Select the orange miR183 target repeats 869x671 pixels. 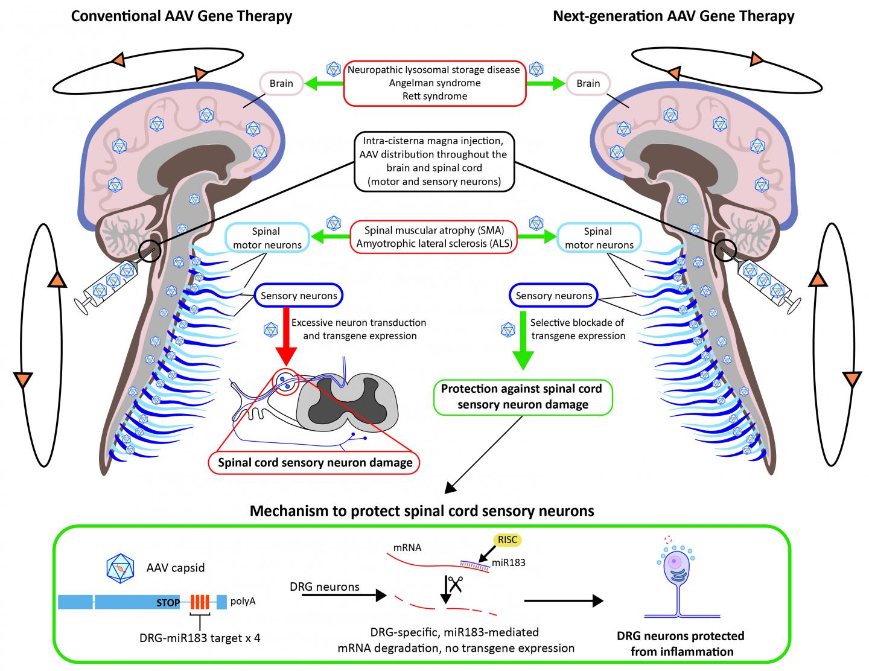click(200, 602)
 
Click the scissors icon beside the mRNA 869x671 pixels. click(455, 584)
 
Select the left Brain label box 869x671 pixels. click(281, 84)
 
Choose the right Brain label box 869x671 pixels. click(588, 84)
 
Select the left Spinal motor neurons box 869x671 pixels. click(266, 238)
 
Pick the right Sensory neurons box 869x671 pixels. click(553, 296)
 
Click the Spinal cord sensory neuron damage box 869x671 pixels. click(315, 463)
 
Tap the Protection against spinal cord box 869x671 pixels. click(521, 396)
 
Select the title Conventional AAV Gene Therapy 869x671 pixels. click(182, 16)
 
